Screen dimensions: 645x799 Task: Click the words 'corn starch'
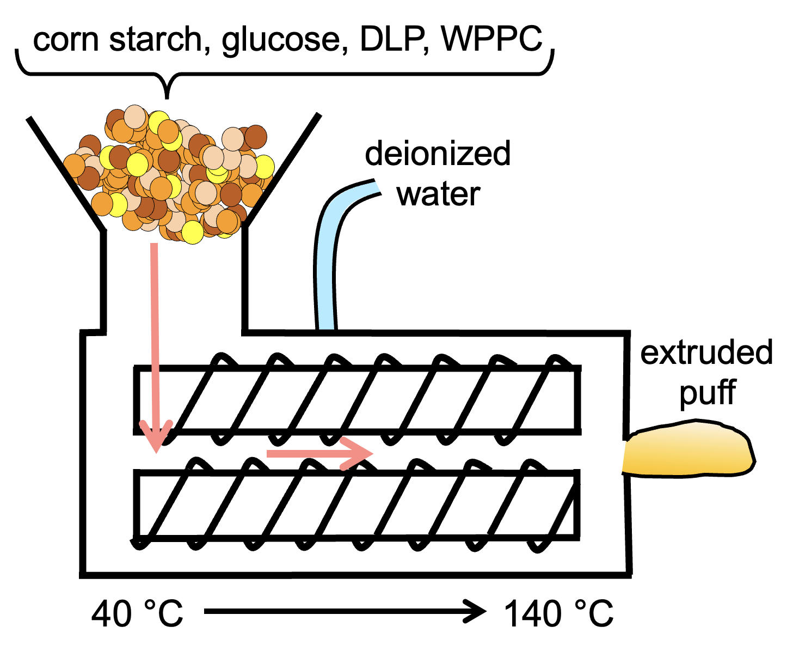pos(118,39)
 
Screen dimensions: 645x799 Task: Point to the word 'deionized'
pos(438,154)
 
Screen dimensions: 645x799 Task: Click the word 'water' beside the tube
pos(438,194)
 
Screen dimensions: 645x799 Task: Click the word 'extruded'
pos(706,353)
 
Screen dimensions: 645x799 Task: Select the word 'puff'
pos(708,393)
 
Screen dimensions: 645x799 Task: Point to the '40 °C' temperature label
pos(137,614)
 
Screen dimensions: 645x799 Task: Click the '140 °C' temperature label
pos(559,614)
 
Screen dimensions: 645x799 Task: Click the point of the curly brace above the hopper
pos(167,97)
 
